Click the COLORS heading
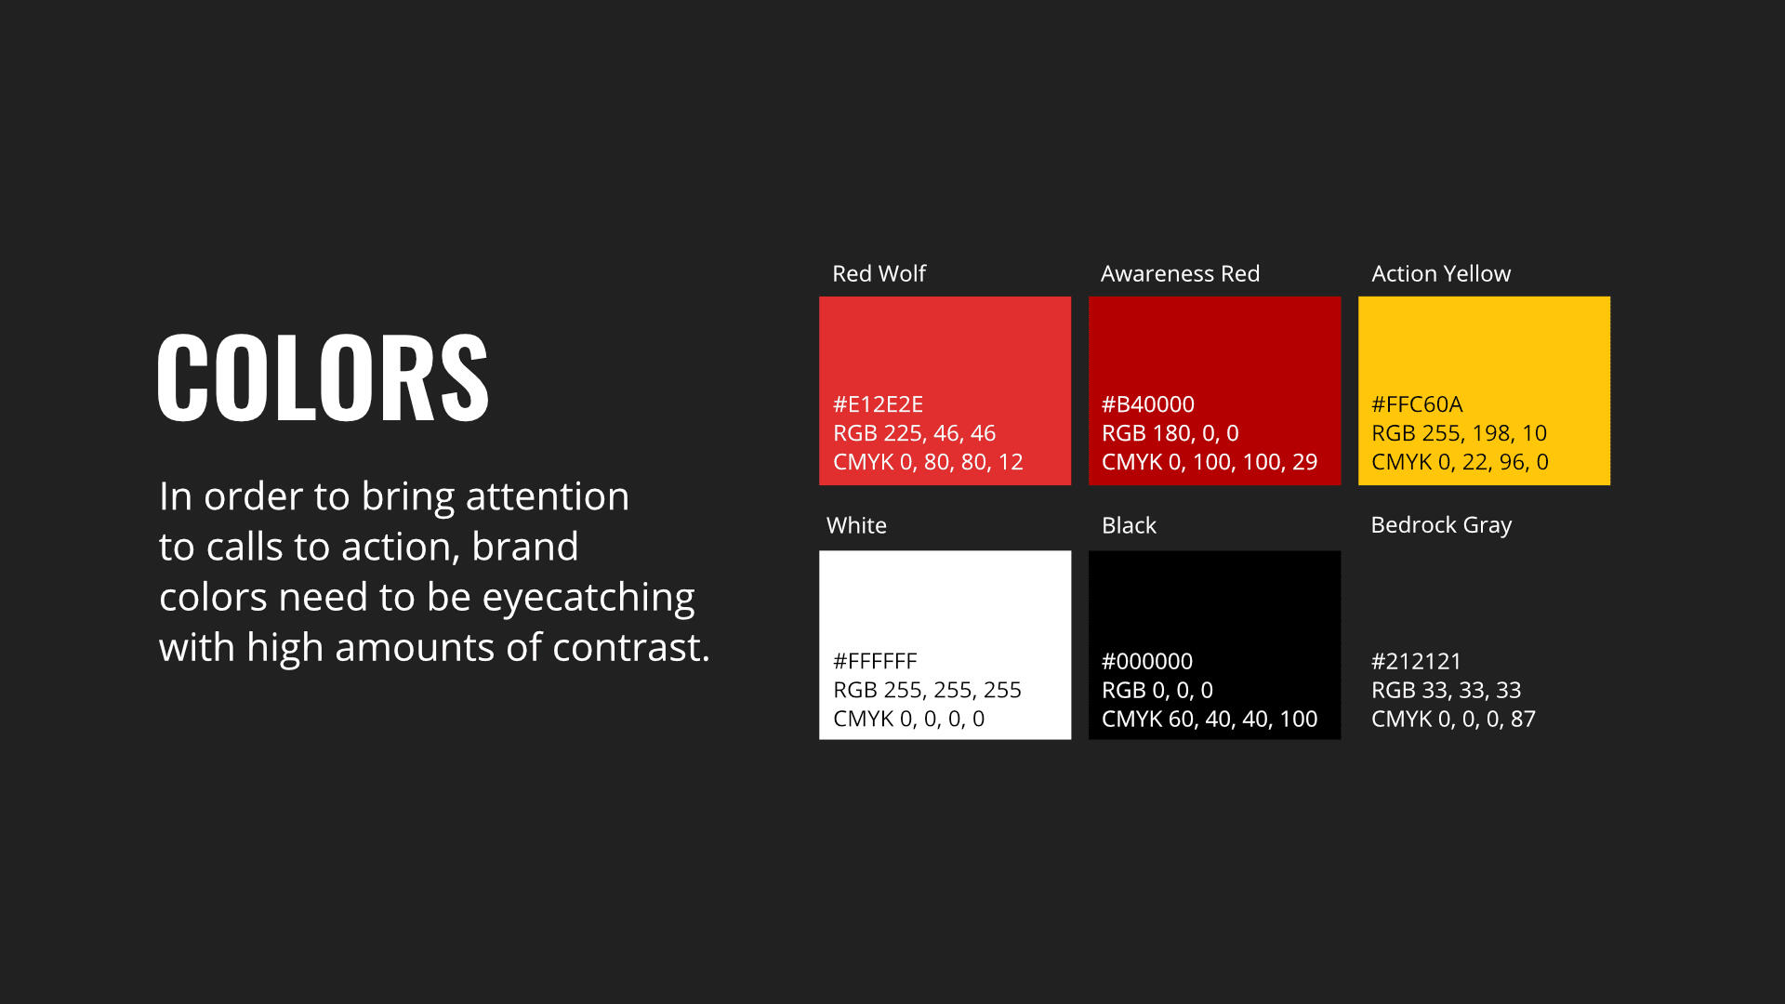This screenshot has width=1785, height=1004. (323, 377)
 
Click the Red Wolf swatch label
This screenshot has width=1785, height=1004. (879, 273)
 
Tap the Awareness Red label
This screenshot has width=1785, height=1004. (1180, 273)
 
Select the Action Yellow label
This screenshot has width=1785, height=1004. (1441, 273)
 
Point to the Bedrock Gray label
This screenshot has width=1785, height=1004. (1441, 525)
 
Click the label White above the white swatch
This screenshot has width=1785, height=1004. (856, 525)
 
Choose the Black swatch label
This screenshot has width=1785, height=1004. (1129, 525)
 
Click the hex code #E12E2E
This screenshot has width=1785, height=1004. (878, 404)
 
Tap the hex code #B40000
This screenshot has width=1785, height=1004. (1148, 404)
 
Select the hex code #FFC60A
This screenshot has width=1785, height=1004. (1417, 404)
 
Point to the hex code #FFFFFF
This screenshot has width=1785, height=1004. (875, 661)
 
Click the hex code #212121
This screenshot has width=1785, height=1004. (1416, 661)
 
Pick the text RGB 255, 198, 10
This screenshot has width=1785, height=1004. (1459, 433)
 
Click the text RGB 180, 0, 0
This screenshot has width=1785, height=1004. (1170, 433)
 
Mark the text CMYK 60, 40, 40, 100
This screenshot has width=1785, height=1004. (1210, 719)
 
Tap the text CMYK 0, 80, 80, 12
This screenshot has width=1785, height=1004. (928, 462)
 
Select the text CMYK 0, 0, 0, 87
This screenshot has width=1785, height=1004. (1453, 719)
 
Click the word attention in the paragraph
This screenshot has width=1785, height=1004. (548, 496)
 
